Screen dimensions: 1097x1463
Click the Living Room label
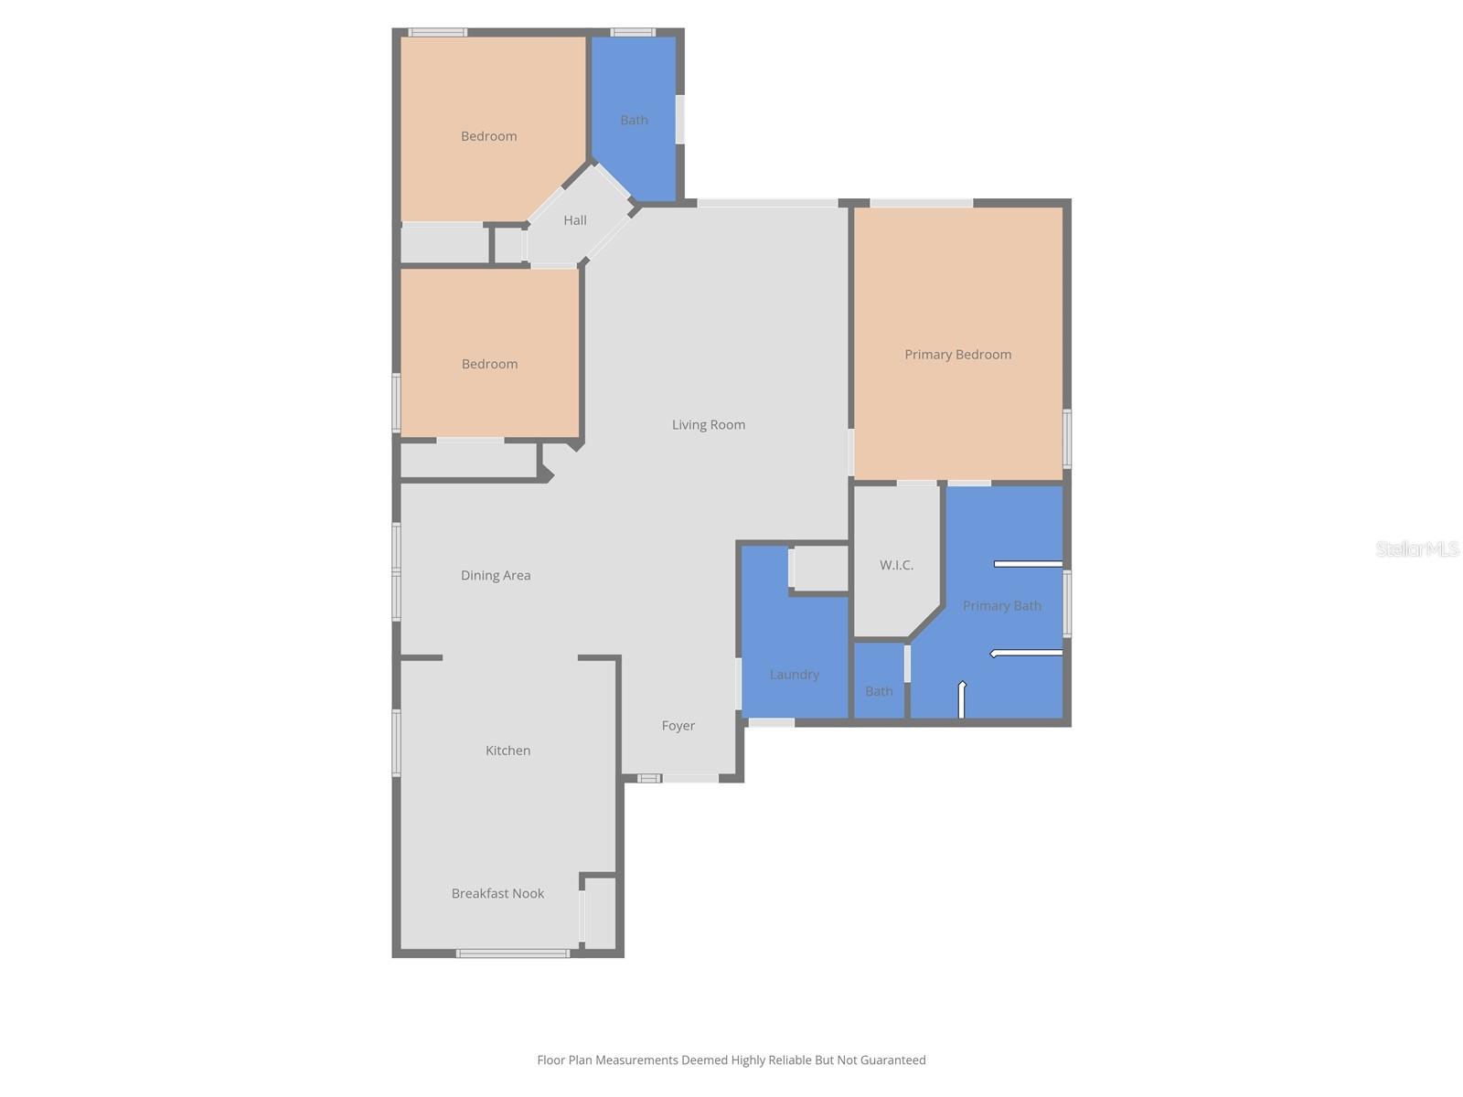709,424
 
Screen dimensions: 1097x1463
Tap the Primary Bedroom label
957,355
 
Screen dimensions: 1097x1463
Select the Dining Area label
496,575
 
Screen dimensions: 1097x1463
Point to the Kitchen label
507,751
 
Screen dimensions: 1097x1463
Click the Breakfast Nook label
497,893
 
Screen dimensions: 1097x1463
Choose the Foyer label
678,726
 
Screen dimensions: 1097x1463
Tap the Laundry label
794,675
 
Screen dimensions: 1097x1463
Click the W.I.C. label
896,565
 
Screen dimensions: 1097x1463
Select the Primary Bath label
1001,605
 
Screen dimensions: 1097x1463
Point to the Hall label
575,220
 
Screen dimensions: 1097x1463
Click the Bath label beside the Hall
634,120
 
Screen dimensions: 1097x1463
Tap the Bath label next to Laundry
879,691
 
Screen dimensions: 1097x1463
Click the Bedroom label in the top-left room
488,136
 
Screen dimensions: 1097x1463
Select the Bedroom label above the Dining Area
489,364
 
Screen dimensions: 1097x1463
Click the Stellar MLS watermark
1417,548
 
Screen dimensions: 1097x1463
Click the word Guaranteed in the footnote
892,1060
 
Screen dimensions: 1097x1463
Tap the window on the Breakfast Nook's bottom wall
513,953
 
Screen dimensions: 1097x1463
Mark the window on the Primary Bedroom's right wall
1067,439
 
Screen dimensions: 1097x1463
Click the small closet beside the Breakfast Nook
600,912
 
